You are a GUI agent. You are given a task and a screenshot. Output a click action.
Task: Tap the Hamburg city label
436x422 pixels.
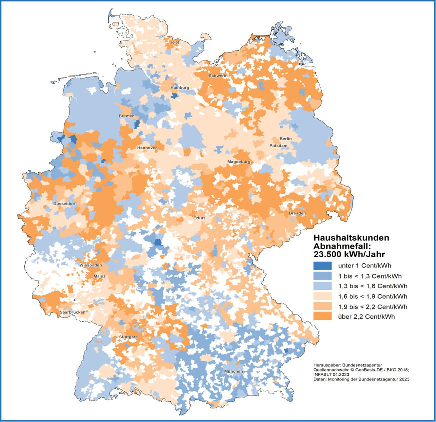(180, 88)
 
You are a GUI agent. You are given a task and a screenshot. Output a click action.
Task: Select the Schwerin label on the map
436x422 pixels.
(219, 75)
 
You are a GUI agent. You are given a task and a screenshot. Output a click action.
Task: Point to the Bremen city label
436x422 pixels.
(127, 116)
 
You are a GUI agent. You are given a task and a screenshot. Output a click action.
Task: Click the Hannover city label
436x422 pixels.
(147, 148)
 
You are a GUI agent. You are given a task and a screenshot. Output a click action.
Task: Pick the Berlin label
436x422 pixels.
(285, 138)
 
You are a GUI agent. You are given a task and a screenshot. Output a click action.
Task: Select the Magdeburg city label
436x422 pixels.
(238, 162)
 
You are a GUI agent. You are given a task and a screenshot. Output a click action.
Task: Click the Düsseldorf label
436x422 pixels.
(64, 204)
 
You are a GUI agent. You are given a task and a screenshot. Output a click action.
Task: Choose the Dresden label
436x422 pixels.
(297, 214)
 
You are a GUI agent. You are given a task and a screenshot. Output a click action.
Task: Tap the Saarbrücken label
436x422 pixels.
(72, 312)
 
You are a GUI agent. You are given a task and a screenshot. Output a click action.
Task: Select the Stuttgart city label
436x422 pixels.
(127, 338)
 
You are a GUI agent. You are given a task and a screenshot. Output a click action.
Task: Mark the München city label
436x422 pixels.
(233, 372)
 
